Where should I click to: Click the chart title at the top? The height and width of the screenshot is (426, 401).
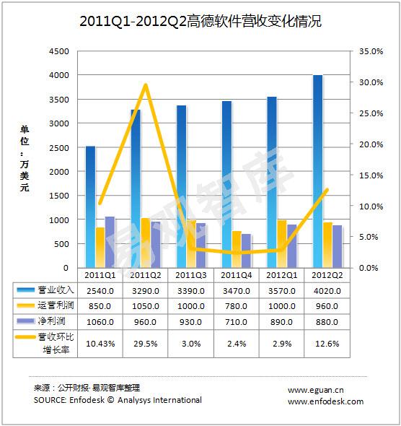(x=200, y=21)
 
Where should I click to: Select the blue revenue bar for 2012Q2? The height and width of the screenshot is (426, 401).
(x=318, y=171)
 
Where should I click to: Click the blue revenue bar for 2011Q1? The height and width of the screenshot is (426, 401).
(x=91, y=207)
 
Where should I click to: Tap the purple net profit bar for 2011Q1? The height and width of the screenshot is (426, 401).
(x=110, y=242)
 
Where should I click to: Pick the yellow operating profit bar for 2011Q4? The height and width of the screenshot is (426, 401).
(x=237, y=249)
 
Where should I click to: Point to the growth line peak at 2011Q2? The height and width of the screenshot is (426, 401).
(x=146, y=85)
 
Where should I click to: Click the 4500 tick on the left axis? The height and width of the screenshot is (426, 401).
(x=59, y=51)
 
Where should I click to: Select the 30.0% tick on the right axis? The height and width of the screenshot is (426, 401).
(x=371, y=82)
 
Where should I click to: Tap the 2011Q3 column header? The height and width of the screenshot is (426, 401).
(x=190, y=275)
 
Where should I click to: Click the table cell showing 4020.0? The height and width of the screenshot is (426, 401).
(x=327, y=291)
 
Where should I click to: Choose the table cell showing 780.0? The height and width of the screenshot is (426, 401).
(x=236, y=306)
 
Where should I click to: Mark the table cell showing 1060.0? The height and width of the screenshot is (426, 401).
(x=100, y=322)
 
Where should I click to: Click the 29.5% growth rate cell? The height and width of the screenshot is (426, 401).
(x=146, y=344)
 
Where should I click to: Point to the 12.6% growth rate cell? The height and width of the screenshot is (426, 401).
(x=327, y=344)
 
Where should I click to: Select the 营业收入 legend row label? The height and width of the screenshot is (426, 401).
(x=56, y=290)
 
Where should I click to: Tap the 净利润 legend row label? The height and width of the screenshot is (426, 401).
(x=51, y=321)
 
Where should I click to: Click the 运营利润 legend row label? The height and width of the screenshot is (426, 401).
(x=56, y=305)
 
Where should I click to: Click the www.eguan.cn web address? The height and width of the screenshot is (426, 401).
(x=316, y=391)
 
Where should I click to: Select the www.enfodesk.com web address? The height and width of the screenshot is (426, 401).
(x=325, y=401)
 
